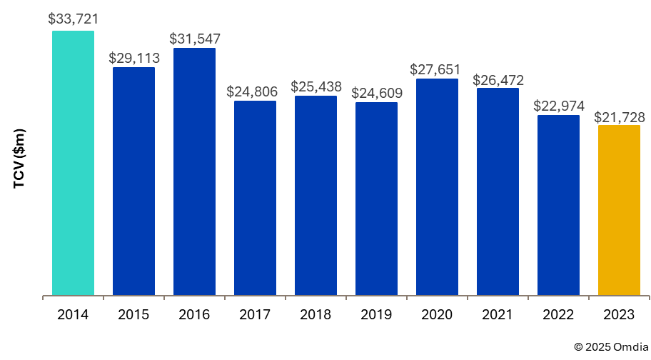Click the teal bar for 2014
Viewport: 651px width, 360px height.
(73, 163)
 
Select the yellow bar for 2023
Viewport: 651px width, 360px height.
(619, 210)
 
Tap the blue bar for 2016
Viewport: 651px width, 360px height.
(194, 171)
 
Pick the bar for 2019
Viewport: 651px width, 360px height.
(376, 199)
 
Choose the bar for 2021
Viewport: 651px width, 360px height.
(498, 191)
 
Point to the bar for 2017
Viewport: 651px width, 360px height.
(255, 198)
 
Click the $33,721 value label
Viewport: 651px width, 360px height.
(73, 18)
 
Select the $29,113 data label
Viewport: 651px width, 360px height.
(134, 57)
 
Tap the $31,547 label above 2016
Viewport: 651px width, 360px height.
(195, 38)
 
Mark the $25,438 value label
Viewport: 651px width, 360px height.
(316, 86)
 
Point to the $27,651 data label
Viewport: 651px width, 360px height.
(438, 69)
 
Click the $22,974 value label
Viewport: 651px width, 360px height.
(559, 106)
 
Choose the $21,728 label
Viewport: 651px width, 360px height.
(620, 116)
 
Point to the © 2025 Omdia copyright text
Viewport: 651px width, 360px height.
(609, 346)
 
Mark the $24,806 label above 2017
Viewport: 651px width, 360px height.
(256, 91)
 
